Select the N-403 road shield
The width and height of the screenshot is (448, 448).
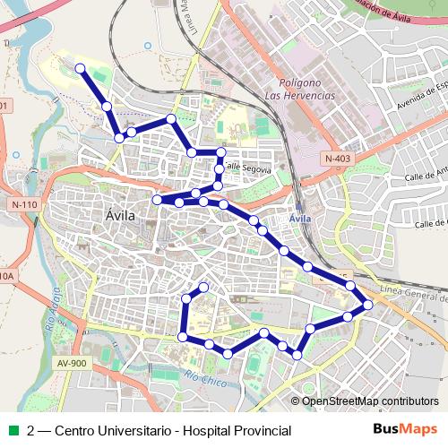tap(338, 159)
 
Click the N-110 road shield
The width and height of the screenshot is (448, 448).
tap(25, 205)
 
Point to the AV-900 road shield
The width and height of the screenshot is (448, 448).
tap(72, 363)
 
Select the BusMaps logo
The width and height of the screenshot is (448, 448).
tap(404, 430)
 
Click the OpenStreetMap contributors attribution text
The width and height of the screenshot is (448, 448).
tap(369, 401)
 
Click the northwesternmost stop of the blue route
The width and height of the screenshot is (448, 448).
tap(80, 68)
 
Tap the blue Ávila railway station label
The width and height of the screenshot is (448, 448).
tap(300, 219)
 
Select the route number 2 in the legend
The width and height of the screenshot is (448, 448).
tap(32, 431)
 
